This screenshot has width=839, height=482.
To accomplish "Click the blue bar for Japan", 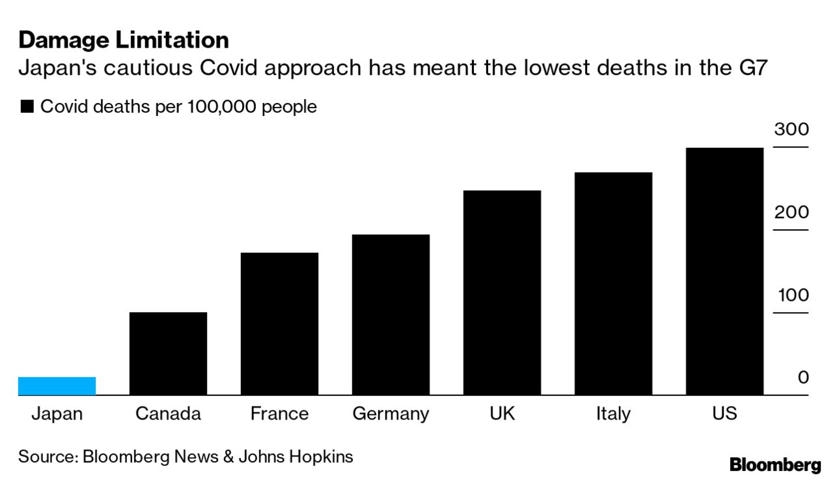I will coord(57,386).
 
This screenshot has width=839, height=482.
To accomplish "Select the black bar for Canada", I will coord(168,354).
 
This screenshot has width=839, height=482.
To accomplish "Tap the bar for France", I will coord(279,324).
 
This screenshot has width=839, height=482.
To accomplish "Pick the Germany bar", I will coord(391,315).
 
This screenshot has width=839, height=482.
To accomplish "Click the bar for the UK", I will coord(502,292).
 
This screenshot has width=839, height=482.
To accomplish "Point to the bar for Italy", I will coord(613,283).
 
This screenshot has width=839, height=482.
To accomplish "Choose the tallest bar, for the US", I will coord(724,271).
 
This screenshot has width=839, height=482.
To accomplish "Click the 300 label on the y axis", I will coord(791,129).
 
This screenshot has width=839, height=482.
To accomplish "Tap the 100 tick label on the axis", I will coord(793,295).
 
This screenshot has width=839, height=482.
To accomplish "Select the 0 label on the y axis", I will coord(803,378).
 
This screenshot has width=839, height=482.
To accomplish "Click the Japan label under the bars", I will coord(57,414).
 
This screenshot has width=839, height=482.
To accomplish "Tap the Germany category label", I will coord(391,414).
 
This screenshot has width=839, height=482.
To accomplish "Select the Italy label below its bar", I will coord(613,414).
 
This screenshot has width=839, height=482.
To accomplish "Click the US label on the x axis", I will coord(724,414).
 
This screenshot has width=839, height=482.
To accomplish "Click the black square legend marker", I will coord(27,107).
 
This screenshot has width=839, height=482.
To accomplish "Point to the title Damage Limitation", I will coord(124,40).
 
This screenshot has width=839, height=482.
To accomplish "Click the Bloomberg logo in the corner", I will coord(775,465).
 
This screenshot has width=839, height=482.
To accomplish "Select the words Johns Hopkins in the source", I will coord(296,457).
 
